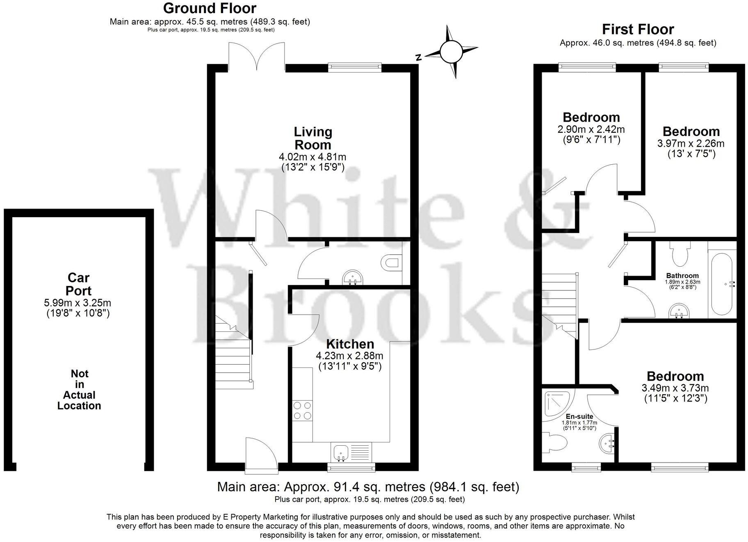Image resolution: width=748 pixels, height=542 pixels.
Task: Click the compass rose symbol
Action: click(451, 52)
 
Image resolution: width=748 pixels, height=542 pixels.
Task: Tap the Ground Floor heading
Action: click(210, 8)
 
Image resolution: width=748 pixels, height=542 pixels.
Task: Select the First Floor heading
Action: click(638, 29)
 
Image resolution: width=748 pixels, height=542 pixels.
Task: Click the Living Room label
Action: click(312, 138)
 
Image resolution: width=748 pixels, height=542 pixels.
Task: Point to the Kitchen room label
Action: click(350, 344)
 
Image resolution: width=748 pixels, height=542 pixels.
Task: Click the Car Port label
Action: click(79, 284)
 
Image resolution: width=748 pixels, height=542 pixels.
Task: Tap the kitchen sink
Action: click(341, 452)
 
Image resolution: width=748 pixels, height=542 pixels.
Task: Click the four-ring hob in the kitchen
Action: click(302, 410)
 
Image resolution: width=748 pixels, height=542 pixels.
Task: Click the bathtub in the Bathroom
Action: click(722, 284)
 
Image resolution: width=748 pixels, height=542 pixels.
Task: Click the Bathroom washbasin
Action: click(678, 311)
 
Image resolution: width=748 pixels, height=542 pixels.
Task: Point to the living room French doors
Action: click(257, 57)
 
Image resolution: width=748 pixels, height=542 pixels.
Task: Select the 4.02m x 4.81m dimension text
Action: click(312, 157)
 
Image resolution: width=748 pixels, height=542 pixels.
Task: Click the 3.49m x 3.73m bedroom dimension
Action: click(675, 388)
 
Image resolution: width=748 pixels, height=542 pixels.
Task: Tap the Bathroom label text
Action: click(682, 276)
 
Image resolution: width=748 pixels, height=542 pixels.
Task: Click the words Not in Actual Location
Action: click(79, 390)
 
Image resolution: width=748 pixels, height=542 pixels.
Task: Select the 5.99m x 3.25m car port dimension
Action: click(78, 303)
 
